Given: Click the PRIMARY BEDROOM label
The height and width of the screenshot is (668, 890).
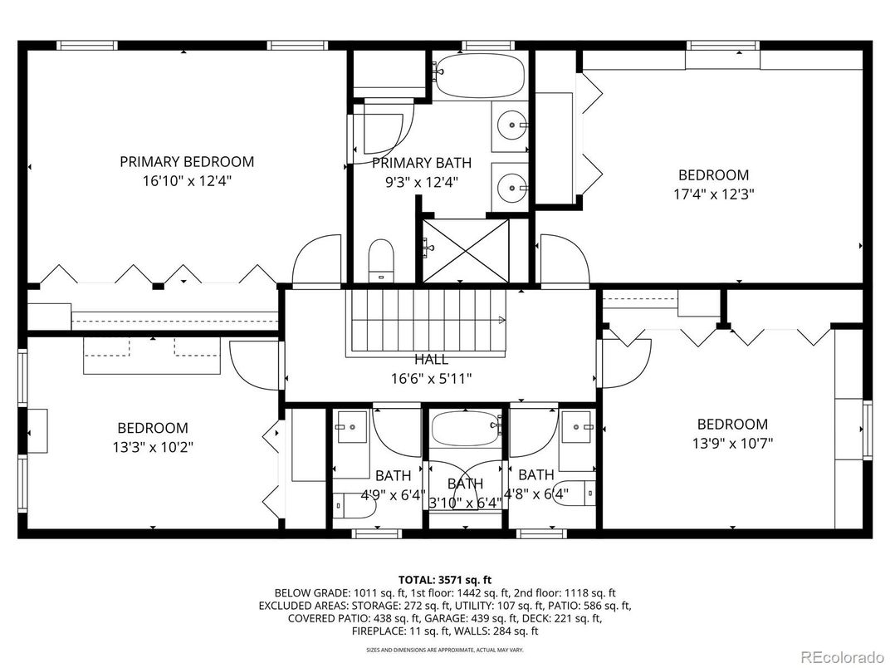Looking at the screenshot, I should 187,161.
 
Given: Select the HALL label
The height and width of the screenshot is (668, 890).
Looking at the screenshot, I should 432,360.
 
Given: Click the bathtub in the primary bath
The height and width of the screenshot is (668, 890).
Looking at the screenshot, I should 481,76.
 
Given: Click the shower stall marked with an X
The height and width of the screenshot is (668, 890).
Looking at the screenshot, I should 465,249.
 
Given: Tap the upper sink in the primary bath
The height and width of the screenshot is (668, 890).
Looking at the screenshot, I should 510,127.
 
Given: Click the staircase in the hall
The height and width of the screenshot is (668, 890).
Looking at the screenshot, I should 428,322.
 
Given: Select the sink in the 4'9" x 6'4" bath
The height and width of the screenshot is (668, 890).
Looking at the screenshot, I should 352,428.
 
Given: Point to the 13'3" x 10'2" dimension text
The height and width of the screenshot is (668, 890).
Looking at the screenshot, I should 153,446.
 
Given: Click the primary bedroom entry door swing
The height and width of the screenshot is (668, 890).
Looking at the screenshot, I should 317,259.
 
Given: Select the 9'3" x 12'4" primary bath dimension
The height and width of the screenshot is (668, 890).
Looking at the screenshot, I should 414,181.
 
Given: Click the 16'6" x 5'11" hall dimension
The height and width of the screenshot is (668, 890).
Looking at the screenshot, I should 432,378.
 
